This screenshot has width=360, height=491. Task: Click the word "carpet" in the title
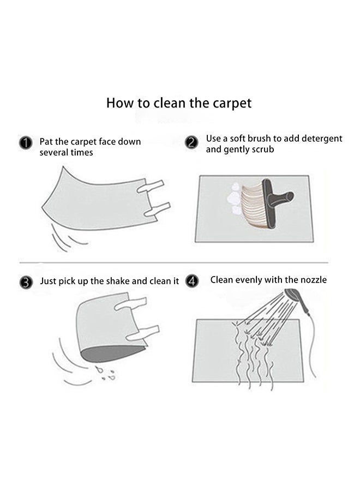(232, 104)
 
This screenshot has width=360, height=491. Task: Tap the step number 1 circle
(26, 143)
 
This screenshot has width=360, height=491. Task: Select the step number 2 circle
(191, 142)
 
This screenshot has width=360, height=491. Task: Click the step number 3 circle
(26, 283)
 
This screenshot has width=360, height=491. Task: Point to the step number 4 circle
(191, 280)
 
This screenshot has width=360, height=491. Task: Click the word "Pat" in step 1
(46, 142)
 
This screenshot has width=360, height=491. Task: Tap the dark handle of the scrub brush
(276, 199)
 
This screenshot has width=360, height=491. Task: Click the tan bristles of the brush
(253, 202)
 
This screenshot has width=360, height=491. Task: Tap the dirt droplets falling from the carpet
(106, 373)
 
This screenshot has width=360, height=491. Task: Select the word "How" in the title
(119, 103)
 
